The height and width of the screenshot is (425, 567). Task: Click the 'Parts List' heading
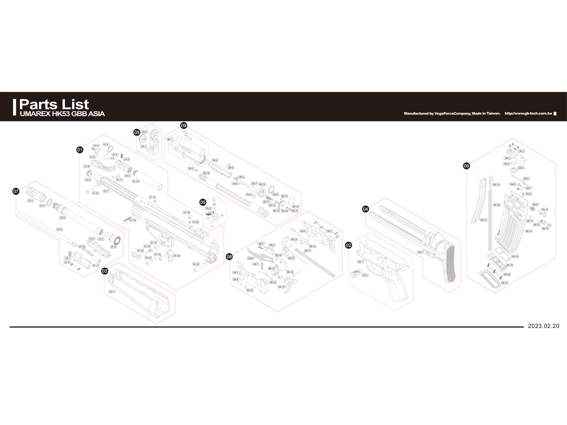point(54,104)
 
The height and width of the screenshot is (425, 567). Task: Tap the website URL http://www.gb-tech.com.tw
point(528,114)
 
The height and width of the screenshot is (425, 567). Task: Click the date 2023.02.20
point(543,326)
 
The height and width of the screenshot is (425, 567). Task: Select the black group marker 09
point(184,125)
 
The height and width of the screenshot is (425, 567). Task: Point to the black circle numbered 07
point(16,191)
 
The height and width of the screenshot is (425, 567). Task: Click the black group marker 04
point(365,209)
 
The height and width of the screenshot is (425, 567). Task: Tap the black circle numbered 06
point(466,166)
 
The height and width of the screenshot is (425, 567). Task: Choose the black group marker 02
point(348,245)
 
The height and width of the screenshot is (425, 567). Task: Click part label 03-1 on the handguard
point(112,292)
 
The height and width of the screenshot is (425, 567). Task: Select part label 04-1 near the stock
point(420,252)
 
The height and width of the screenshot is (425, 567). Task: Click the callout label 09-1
point(170,139)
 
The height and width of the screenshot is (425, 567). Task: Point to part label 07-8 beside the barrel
point(59,229)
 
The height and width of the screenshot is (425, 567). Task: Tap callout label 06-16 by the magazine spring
point(496,205)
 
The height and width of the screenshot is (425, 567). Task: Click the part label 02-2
point(365,275)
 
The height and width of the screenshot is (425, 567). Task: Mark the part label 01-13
point(133,220)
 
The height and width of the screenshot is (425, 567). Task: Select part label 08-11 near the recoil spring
point(308,251)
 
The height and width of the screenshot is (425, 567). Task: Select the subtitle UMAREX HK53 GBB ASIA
point(62,114)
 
